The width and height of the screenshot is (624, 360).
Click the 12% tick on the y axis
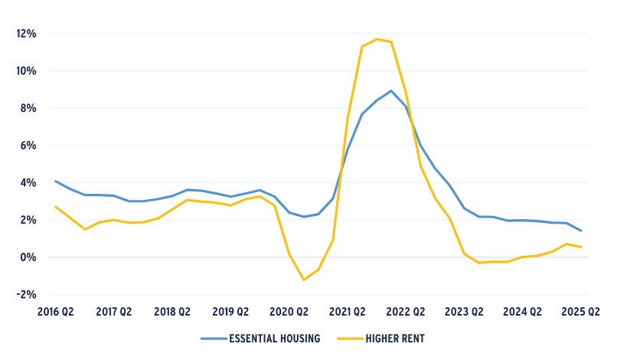pyautogui.click(x=25, y=34)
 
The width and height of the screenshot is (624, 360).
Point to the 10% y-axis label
pyautogui.click(x=25, y=71)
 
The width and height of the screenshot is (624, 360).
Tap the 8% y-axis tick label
pyautogui.click(x=28, y=108)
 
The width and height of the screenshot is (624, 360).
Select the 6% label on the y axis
pyautogui.click(x=28, y=146)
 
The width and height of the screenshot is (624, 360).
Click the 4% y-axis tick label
pyautogui.click(x=28, y=183)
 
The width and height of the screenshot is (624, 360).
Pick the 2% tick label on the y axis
pyautogui.click(x=28, y=220)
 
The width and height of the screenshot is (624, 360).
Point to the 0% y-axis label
pyautogui.click(x=28, y=257)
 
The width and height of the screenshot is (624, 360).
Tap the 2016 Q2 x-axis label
pyautogui.click(x=55, y=312)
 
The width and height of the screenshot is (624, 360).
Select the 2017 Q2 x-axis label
pyautogui.click(x=113, y=312)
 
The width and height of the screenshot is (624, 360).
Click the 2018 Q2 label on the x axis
pyautogui.click(x=172, y=312)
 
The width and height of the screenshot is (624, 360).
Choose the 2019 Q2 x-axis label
pyautogui.click(x=230, y=312)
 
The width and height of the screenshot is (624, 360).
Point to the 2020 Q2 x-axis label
pyautogui.click(x=289, y=312)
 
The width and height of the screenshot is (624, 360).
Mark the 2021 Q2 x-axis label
pyautogui.click(x=348, y=312)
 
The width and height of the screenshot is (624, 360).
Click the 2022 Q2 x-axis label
pyautogui.click(x=407, y=312)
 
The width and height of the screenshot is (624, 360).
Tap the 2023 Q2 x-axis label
pyautogui.click(x=465, y=312)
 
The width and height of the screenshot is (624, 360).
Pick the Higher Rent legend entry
pyautogui.click(x=390, y=338)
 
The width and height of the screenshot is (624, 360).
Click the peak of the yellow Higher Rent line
pyautogui.click(x=377, y=39)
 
